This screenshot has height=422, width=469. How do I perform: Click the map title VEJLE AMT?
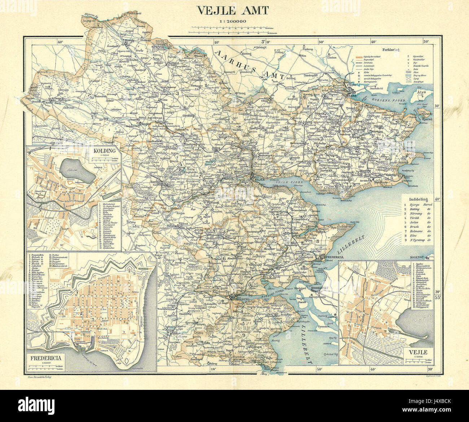click(233, 11)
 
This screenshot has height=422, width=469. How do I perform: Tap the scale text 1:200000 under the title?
click(233, 21)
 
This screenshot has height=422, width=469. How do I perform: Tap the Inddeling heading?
click(418, 199)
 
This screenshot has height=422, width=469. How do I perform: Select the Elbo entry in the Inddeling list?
click(417, 235)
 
